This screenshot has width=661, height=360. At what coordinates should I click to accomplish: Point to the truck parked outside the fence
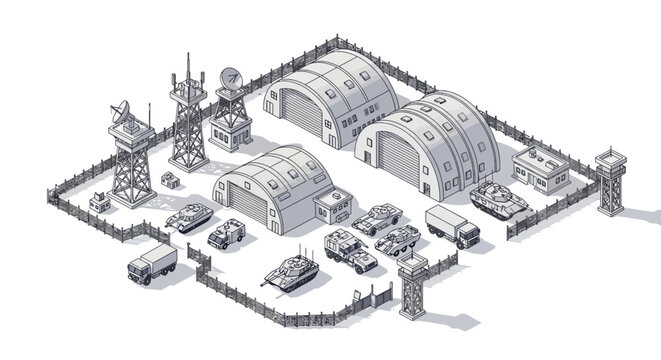[152, 264]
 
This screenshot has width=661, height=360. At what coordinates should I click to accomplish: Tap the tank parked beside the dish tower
[188, 215]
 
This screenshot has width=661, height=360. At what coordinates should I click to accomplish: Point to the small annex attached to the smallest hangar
[328, 208]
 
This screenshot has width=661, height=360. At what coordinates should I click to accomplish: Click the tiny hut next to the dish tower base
[100, 202]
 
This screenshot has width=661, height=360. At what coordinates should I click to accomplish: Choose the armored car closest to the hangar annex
[376, 217]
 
